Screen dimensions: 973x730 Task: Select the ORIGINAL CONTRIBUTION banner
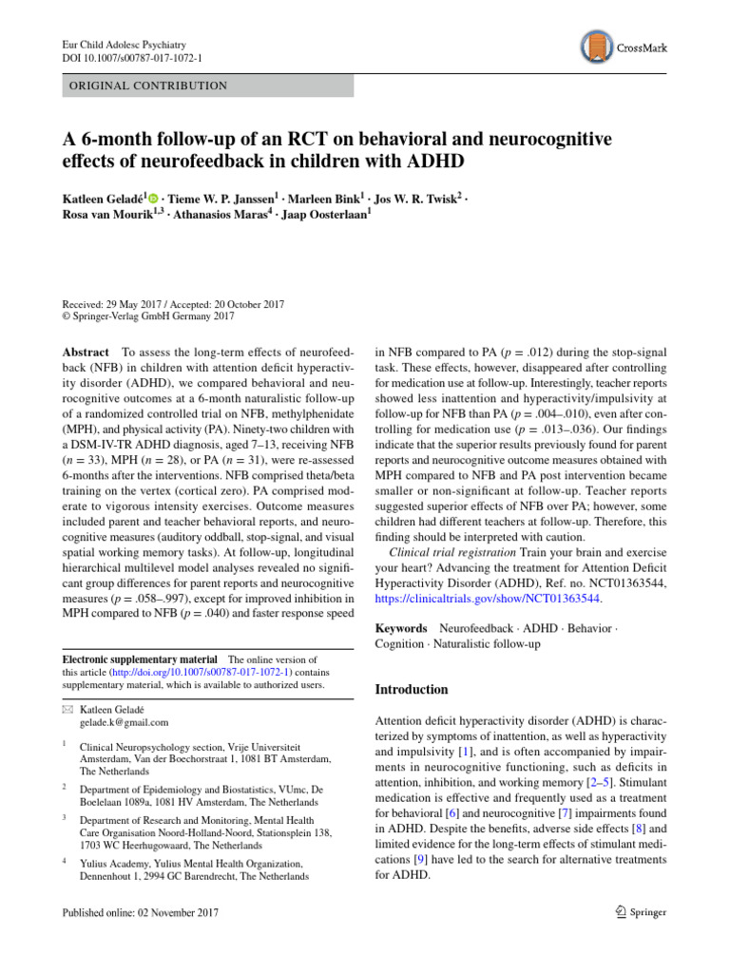click(207, 86)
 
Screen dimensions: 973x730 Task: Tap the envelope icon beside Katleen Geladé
click(66, 709)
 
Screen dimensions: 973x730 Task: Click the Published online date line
click(141, 912)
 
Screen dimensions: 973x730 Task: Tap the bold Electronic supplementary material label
click(139, 658)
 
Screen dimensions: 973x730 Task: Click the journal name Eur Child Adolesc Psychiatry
click(124, 44)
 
